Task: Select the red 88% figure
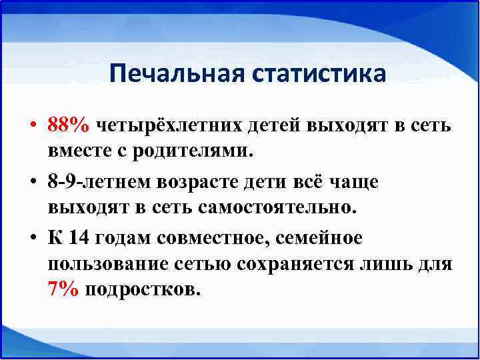click(70, 125)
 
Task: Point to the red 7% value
click(64, 291)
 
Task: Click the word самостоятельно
click(277, 207)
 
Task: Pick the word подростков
click(142, 291)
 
